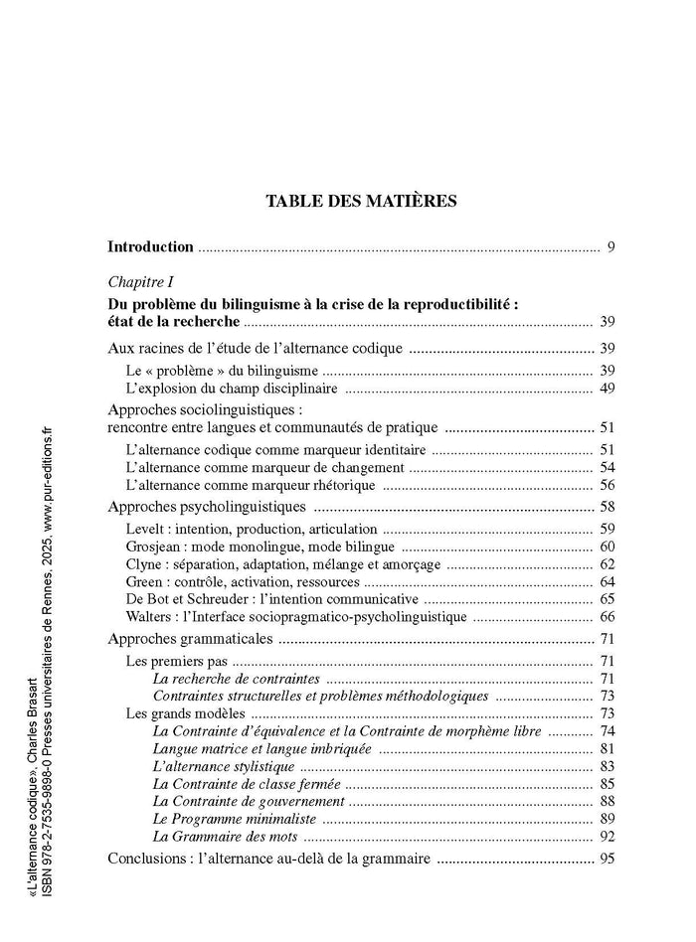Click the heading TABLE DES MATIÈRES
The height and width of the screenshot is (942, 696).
click(x=361, y=201)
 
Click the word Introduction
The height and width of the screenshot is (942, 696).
click(x=150, y=246)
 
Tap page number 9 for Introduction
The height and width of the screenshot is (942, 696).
click(x=610, y=246)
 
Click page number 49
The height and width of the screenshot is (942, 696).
click(x=607, y=389)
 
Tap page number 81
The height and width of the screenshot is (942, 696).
click(x=607, y=748)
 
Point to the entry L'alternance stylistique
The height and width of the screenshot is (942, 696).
click(x=224, y=766)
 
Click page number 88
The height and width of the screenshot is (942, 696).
click(x=607, y=801)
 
